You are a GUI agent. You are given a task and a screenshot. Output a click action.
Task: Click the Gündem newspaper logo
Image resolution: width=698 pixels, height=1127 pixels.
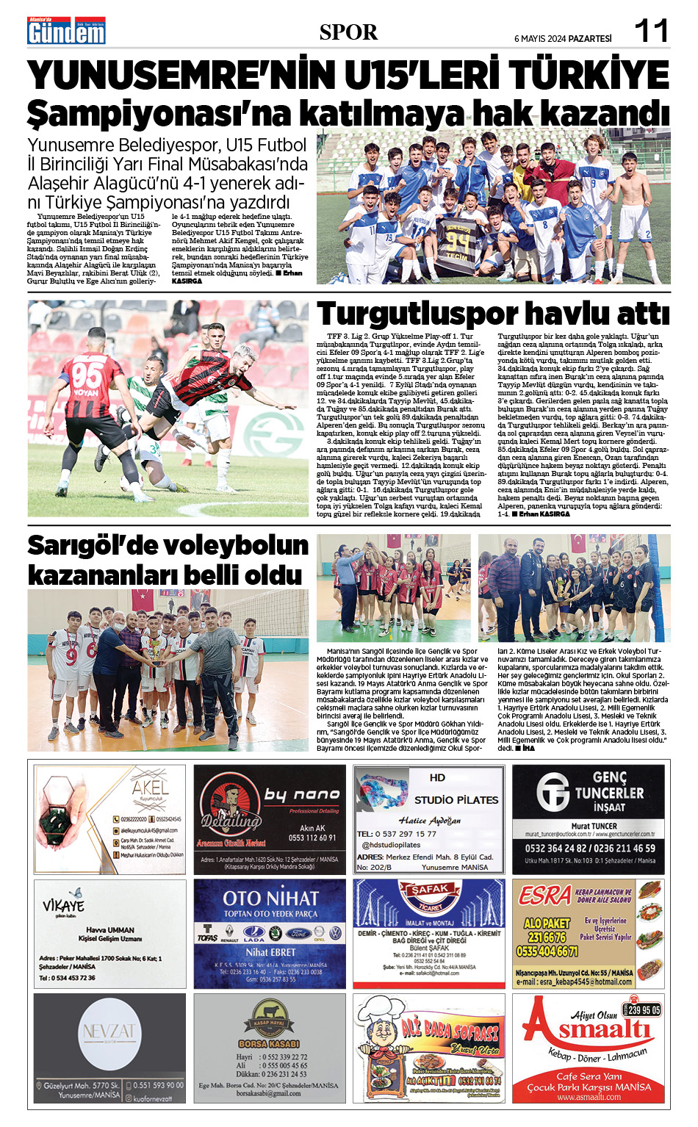tap(66, 31)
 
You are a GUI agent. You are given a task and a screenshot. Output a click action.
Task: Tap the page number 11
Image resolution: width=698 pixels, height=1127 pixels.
tap(651, 31)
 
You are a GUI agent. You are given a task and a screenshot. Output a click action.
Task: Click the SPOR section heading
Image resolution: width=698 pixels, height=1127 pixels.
tap(348, 32)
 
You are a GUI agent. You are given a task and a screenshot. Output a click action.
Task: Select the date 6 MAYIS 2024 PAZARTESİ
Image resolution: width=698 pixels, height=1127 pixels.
tap(562, 38)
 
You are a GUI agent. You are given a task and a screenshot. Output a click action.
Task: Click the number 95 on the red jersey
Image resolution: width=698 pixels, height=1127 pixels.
tap(87, 375)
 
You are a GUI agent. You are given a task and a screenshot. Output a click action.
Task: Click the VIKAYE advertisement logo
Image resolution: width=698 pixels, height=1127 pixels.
tap(63, 906)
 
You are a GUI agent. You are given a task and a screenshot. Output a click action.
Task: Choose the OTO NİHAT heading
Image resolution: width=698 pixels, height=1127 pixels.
tap(270, 898)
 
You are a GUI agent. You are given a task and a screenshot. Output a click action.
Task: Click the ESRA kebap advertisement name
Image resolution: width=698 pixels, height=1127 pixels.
tap(544, 896)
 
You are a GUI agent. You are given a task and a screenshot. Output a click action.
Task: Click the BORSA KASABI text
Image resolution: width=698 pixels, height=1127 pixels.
tap(269, 1043)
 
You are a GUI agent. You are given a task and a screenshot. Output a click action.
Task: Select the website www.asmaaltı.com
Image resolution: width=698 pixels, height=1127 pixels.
tap(589, 1097)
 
